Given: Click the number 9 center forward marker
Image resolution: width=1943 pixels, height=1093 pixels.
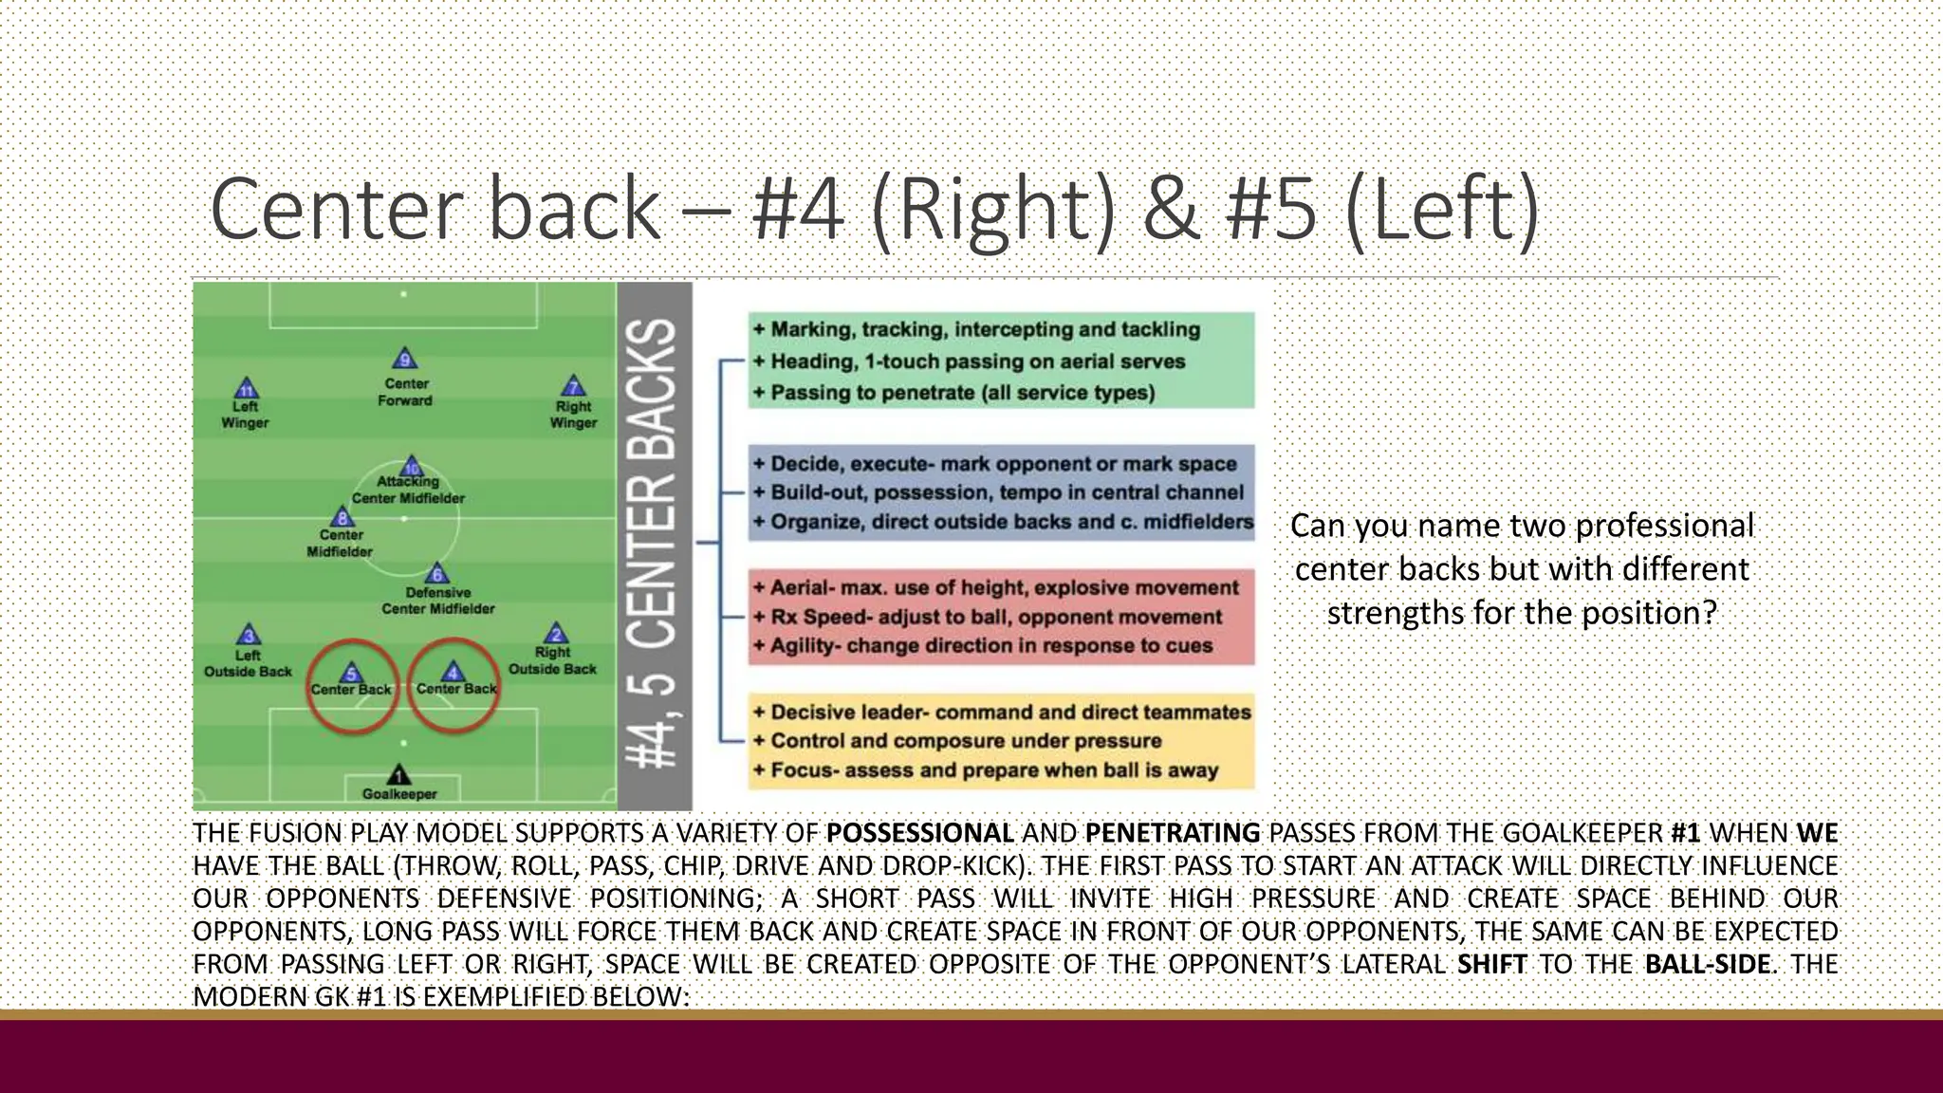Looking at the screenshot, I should tap(405, 360).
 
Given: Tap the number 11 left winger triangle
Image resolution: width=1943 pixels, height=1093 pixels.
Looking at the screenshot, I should tap(246, 389).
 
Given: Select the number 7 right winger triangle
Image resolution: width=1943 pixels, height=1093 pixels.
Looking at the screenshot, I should tap(573, 385).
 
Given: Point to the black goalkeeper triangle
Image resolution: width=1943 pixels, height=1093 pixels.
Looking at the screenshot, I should tap(399, 775).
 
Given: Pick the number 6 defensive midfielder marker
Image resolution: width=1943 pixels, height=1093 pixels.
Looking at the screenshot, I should tap(436, 573).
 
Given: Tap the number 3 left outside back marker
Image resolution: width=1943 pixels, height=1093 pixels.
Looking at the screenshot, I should tap(249, 635).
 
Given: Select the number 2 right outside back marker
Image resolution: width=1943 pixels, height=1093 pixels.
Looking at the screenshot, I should tap(555, 634).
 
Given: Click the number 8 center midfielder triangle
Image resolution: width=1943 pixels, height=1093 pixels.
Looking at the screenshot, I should tap(342, 517).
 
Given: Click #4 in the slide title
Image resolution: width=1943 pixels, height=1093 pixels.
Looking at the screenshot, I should tap(798, 210).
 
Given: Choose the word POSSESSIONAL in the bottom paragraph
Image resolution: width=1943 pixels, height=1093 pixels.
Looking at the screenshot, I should tap(919, 833).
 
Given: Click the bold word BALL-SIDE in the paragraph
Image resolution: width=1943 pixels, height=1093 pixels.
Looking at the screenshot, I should tap(1707, 964).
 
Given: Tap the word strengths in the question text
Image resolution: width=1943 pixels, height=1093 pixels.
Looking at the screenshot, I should tap(1395, 613).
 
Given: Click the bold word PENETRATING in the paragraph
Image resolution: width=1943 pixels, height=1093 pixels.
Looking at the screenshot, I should tap(1172, 833).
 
